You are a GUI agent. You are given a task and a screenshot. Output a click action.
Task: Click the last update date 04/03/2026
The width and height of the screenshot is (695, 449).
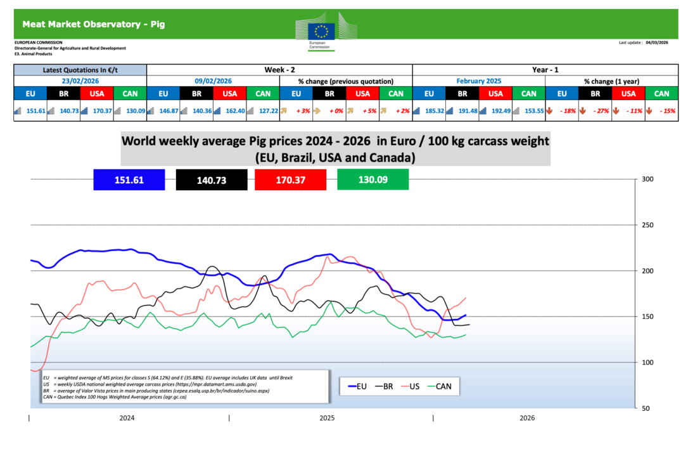click(x=657, y=42)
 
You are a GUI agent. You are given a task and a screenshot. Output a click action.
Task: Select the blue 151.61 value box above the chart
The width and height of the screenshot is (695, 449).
click(x=129, y=180)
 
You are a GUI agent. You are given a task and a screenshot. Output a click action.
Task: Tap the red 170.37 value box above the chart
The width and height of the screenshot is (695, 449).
click(x=291, y=180)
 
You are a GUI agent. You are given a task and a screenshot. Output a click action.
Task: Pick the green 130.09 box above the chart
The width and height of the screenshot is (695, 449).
click(x=373, y=180)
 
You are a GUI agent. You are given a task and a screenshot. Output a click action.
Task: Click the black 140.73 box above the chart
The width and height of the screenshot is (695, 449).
click(x=211, y=180)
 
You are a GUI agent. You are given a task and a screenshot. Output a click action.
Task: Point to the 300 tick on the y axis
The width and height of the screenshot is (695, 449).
click(x=648, y=179)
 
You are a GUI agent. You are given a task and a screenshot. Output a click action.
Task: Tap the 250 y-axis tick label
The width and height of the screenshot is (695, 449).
click(x=648, y=225)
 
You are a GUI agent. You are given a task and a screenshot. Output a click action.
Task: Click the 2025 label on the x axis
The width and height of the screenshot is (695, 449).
click(x=327, y=418)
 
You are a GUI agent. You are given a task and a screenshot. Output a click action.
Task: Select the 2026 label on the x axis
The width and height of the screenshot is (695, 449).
click(x=526, y=418)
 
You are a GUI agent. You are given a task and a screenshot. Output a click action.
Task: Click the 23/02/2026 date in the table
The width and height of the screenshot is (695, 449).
click(x=80, y=81)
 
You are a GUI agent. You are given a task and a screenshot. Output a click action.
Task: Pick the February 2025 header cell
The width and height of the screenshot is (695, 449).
click(x=478, y=81)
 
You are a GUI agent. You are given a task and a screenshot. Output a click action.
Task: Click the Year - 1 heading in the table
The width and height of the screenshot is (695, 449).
click(x=545, y=70)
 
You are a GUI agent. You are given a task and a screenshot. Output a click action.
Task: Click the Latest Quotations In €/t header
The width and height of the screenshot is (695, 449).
click(x=80, y=70)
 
